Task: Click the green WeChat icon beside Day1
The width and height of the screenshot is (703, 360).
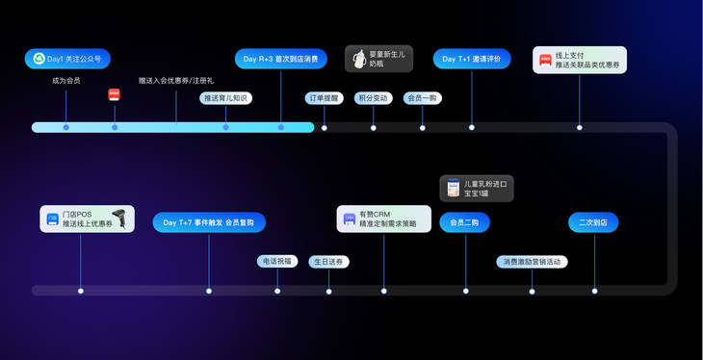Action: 39,59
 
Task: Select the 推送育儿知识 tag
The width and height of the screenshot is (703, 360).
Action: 226,98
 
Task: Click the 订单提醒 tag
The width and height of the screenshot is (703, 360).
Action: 325,98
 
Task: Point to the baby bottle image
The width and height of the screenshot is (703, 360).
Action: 359,59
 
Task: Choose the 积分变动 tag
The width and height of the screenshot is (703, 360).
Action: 373,98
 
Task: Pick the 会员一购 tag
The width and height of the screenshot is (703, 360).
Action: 422,98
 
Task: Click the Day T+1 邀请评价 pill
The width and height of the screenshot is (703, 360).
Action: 471,59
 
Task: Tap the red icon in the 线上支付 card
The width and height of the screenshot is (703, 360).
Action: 545,60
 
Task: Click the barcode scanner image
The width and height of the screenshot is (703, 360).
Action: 119,219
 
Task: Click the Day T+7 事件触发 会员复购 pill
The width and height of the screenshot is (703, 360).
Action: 209,222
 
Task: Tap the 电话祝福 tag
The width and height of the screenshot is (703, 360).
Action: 276,261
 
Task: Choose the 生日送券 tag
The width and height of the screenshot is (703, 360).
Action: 328,261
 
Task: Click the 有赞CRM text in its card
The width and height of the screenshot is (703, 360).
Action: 375,215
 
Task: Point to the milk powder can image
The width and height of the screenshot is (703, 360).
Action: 453,188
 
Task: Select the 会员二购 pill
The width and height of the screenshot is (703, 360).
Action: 465,222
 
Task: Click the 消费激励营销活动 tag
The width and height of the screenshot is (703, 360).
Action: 532,261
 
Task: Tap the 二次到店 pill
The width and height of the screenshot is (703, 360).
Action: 594,222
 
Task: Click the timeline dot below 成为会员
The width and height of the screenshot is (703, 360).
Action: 65,127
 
